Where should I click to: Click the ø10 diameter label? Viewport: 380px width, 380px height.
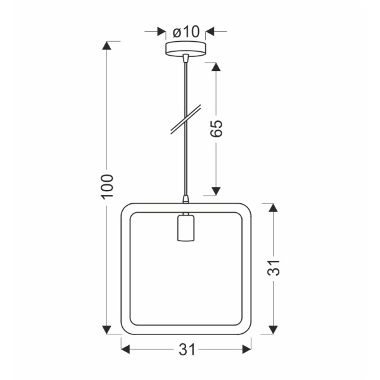pyautogui.click(x=186, y=31)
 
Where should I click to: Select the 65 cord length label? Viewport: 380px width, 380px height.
pyautogui.click(x=216, y=129)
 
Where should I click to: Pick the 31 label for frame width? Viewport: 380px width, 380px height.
pyautogui.click(x=186, y=350)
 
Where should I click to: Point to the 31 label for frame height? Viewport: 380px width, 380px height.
pyautogui.click(x=273, y=269)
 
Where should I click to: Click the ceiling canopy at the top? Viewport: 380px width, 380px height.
pyautogui.click(x=186, y=49)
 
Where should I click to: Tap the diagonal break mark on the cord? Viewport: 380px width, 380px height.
pyautogui.click(x=186, y=120)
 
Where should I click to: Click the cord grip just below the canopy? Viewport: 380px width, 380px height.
pyautogui.click(x=186, y=60)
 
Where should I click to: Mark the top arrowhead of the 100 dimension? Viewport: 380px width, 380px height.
pyautogui.click(x=108, y=46)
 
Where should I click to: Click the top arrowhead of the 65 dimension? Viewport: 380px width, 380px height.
pyautogui.click(x=216, y=67)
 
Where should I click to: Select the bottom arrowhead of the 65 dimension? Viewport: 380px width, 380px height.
pyautogui.click(x=216, y=191)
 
